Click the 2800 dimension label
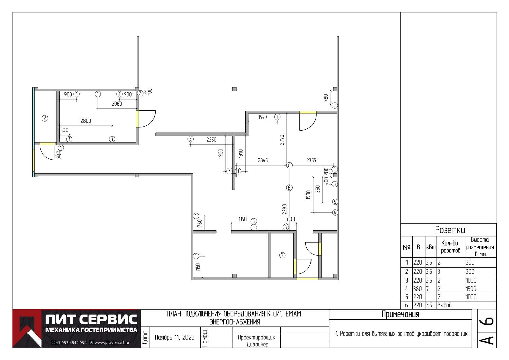point(86,121)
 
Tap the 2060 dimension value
point(117,104)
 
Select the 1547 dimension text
point(263,117)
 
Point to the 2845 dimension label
point(263,160)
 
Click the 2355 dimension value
point(311,160)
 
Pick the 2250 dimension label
point(211,140)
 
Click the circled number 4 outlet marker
point(335,212)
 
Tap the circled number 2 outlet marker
point(140,93)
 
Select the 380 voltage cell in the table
point(417,289)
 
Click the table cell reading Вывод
point(445,305)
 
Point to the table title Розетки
point(450,230)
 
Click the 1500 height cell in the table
point(471,289)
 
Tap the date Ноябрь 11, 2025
point(174,337)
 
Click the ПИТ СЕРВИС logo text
point(91,319)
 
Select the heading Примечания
point(400,314)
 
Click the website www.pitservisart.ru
point(112,342)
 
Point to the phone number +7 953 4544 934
point(71,342)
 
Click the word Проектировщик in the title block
point(256,337)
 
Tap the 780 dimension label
point(326,98)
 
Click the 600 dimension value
point(291,219)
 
